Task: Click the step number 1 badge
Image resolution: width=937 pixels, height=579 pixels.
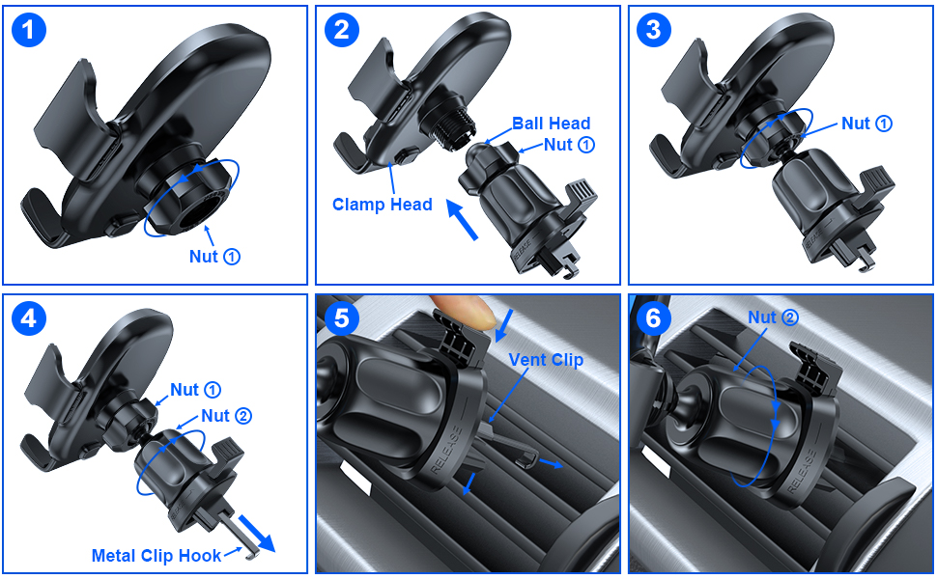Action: pos(29,30)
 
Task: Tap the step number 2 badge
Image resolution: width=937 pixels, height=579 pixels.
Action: pos(341,30)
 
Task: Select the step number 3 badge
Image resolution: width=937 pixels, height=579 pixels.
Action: pos(654,30)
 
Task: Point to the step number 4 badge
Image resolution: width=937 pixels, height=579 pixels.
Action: pos(29,317)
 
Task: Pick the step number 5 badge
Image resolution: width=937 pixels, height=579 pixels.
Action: pos(341,317)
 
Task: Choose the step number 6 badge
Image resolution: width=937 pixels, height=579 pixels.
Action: pos(654,317)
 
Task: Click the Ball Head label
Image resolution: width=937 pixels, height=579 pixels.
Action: pos(551,124)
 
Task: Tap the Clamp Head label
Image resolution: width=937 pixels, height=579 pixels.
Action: pos(383,205)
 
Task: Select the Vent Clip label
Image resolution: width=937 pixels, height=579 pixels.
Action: pos(547,360)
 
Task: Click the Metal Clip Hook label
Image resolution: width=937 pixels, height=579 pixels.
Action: pos(156,555)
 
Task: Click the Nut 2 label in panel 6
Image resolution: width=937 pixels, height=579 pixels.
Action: pos(773,317)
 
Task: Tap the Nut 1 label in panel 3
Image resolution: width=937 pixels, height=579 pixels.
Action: pos(866,124)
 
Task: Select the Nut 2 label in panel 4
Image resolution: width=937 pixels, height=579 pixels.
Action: pos(227,416)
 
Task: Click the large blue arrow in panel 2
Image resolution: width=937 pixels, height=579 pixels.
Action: pos(465,219)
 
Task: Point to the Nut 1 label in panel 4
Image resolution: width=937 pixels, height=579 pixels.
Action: pos(196,390)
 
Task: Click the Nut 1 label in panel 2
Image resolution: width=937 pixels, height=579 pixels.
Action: pos(569,145)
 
